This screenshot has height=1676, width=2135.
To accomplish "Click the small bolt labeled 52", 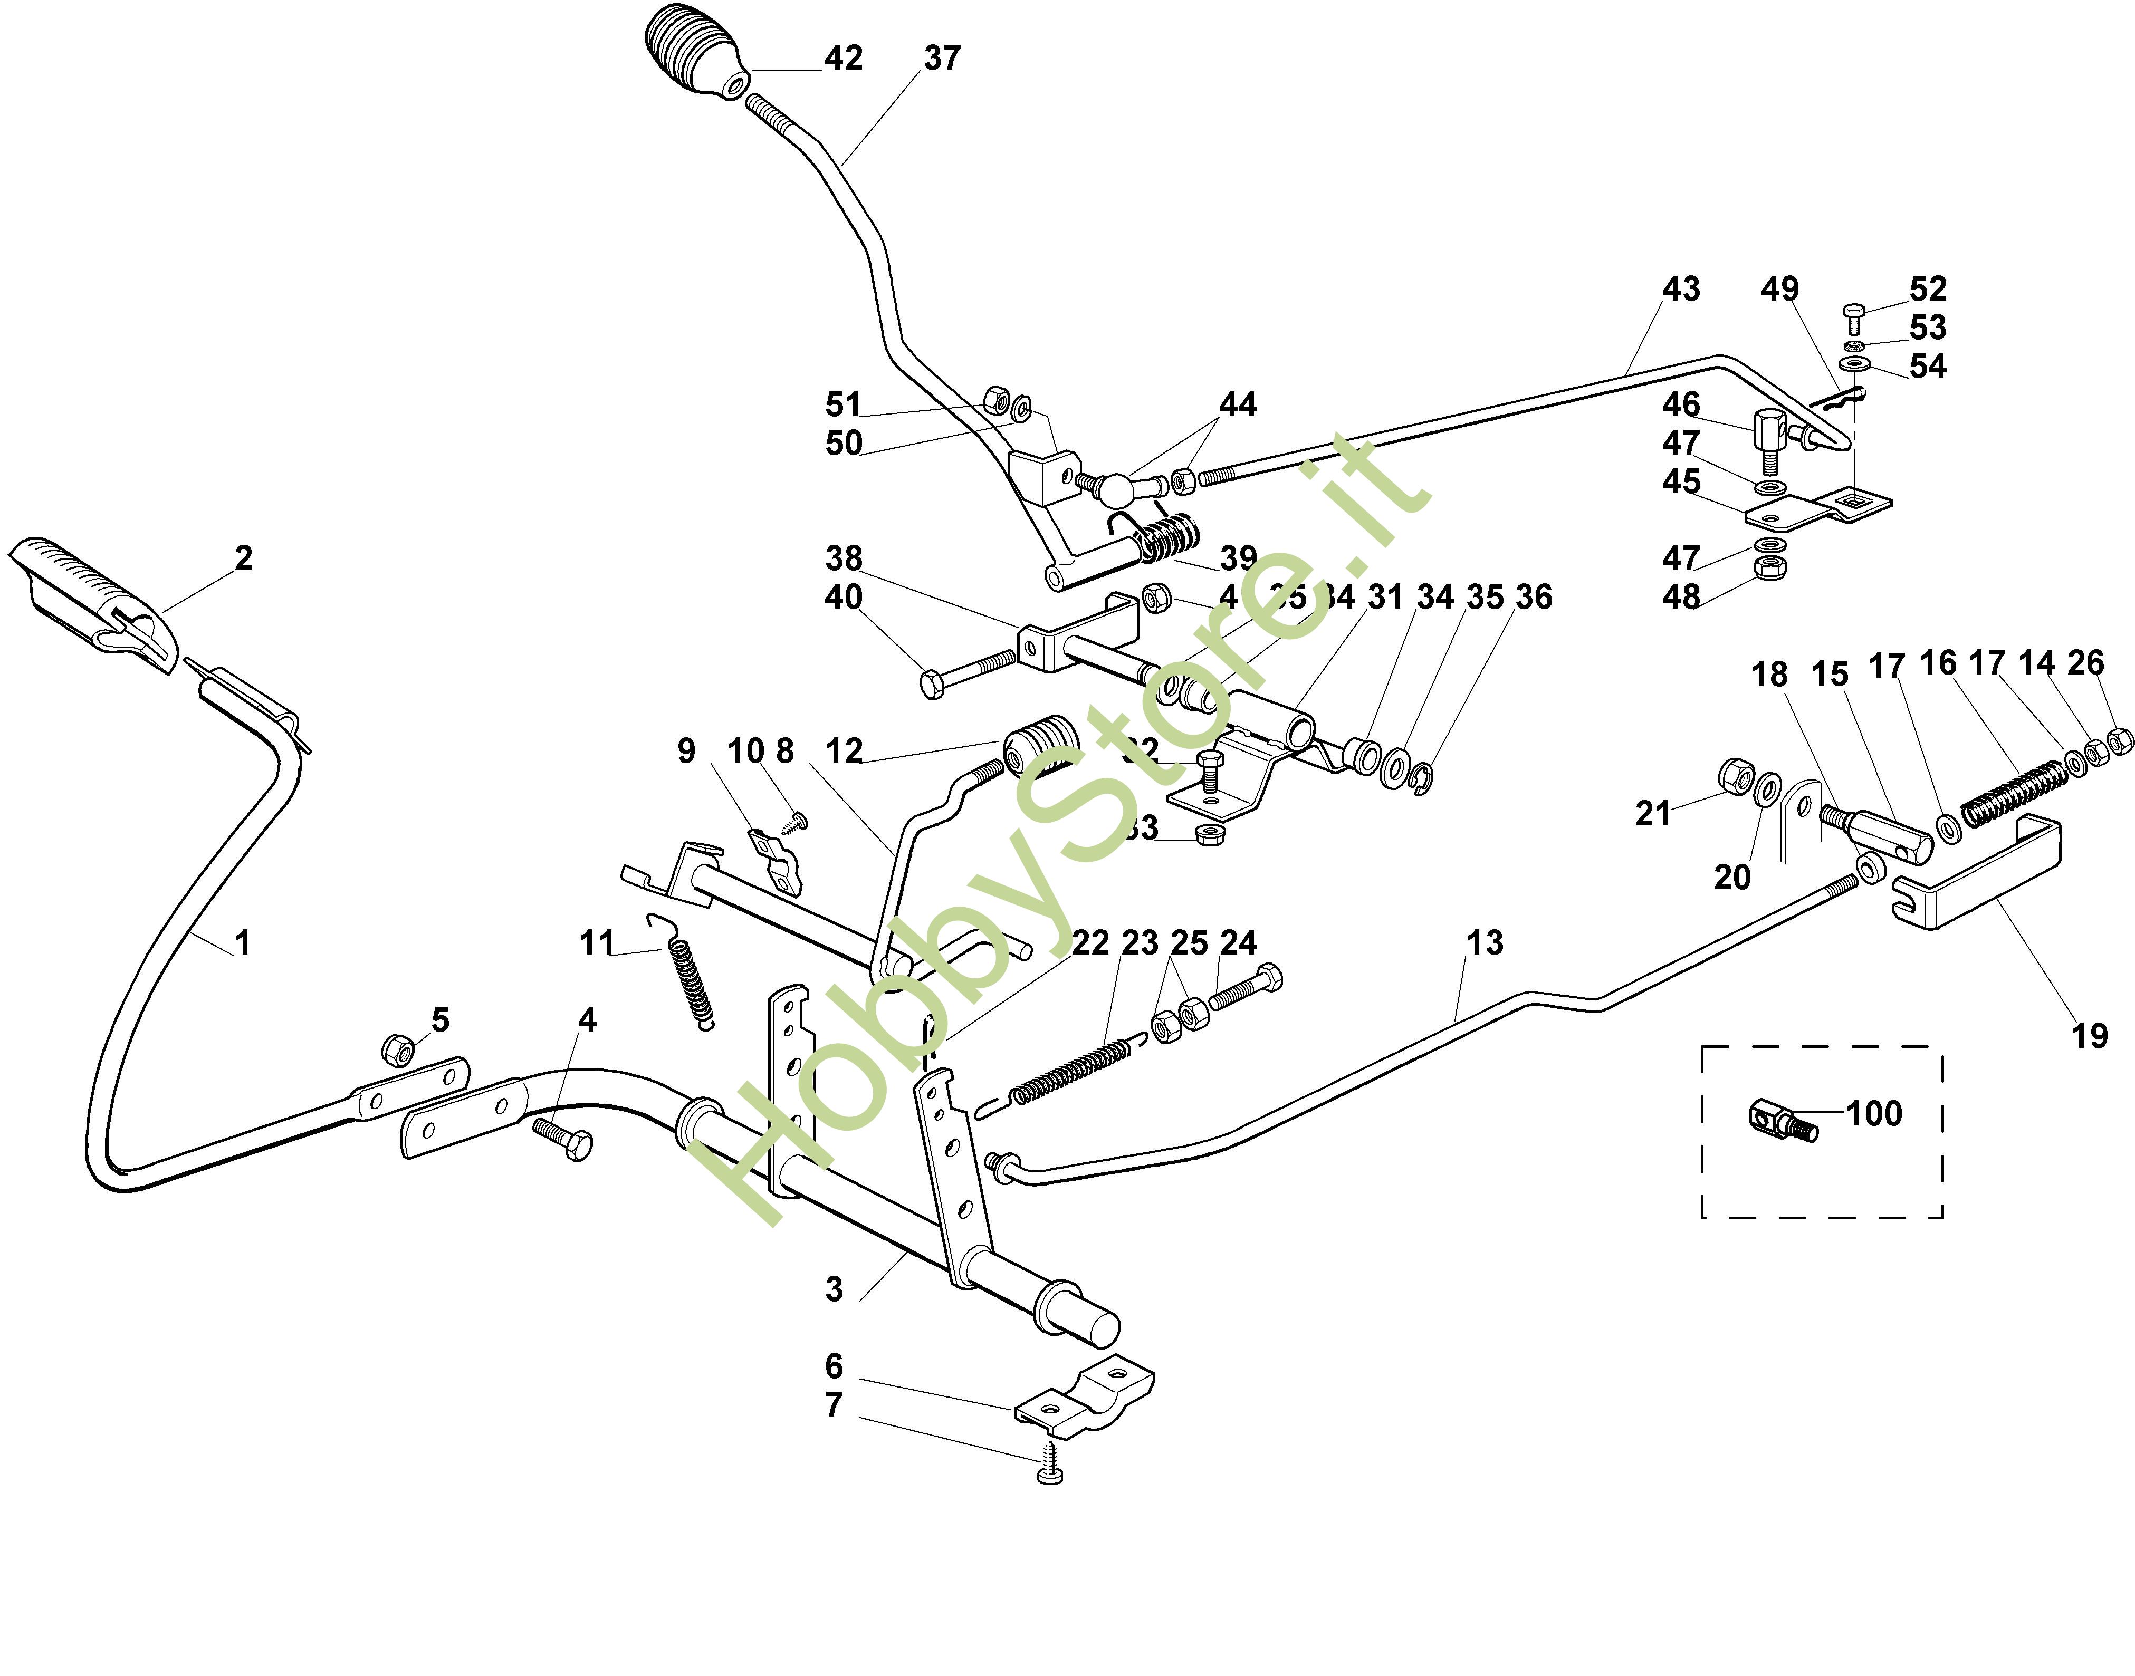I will click(1852, 317).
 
